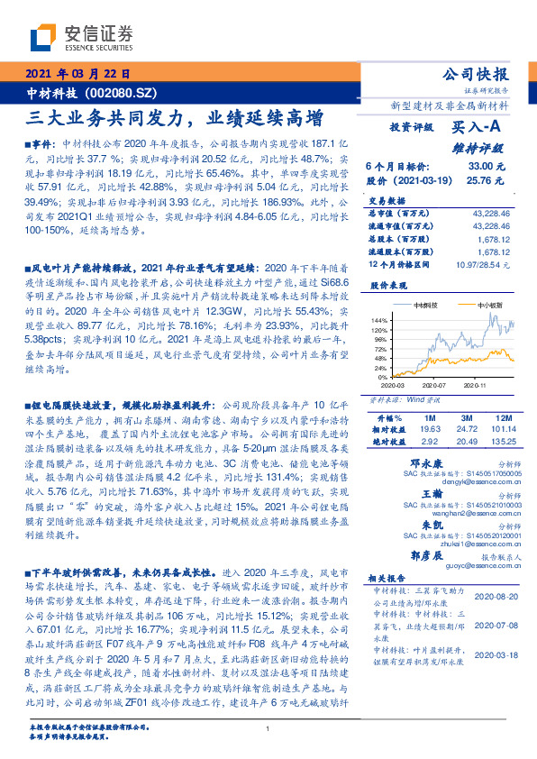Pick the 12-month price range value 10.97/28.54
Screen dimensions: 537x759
pyautogui.click(x=482, y=265)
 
